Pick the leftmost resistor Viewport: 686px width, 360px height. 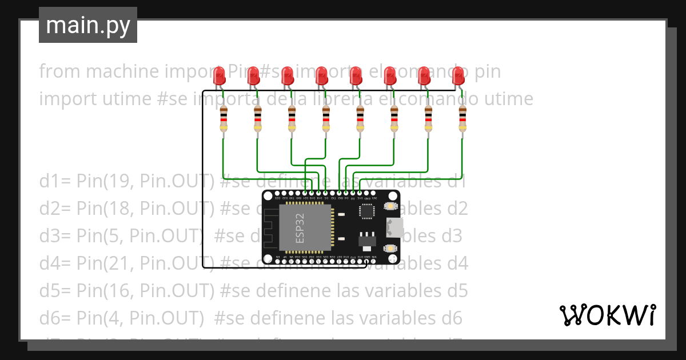coord(224,119)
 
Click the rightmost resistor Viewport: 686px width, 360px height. coord(462,119)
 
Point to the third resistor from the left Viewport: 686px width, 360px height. coord(292,119)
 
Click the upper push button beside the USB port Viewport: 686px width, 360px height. coord(390,206)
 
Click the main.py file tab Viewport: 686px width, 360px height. coord(88,26)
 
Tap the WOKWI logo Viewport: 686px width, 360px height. coord(607,315)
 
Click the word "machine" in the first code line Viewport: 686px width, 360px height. coord(111,72)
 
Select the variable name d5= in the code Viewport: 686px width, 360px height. coord(55,291)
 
